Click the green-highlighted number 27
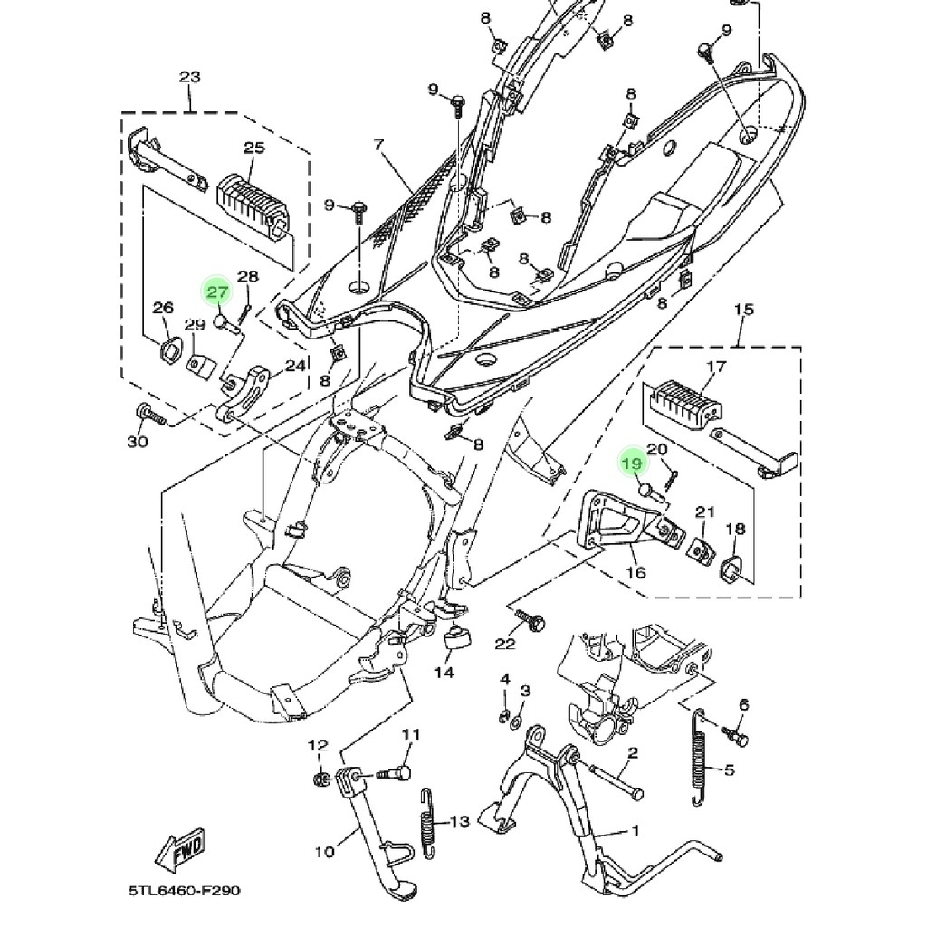217,291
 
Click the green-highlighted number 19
633,463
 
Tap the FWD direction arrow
181,851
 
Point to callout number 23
189,78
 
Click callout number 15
743,311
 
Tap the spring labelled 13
430,822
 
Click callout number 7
378,144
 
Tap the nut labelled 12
320,780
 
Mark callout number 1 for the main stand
635,831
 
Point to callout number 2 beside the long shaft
633,753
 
